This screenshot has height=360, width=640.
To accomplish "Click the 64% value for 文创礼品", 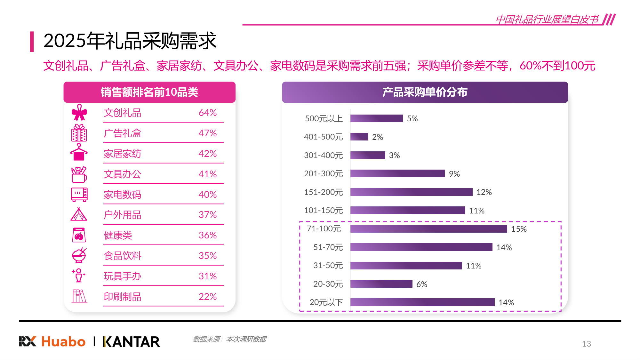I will [x=207, y=113].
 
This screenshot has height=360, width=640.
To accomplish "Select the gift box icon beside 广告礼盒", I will [x=79, y=133].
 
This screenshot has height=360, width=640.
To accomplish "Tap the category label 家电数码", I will [x=122, y=195].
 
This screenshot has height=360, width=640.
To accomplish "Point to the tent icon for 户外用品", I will [x=79, y=214].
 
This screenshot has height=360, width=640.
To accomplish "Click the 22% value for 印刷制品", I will [x=207, y=297].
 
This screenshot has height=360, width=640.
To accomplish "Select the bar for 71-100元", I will [x=428, y=229].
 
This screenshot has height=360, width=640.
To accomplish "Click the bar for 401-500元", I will [x=359, y=137].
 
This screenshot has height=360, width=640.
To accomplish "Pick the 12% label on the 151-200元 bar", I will [x=484, y=192].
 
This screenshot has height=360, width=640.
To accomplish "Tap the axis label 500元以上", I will [x=324, y=119].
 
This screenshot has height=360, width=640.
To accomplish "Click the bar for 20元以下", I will [x=422, y=302].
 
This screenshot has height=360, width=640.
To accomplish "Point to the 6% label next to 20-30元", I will [x=421, y=284].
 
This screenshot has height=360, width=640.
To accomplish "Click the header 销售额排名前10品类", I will [x=149, y=92].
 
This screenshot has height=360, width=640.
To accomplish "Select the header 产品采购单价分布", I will [x=425, y=92].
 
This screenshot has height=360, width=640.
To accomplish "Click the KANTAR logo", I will [x=131, y=342].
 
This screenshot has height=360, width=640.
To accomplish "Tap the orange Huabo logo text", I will [x=63, y=342].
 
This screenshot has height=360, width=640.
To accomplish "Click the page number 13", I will [x=586, y=344].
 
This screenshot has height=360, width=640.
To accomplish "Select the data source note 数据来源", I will [x=229, y=339].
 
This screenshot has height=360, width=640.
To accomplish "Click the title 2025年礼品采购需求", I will [x=130, y=41].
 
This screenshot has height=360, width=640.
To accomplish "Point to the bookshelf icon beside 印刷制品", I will [x=79, y=296].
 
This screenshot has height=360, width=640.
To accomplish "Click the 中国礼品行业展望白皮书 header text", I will [x=547, y=19].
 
